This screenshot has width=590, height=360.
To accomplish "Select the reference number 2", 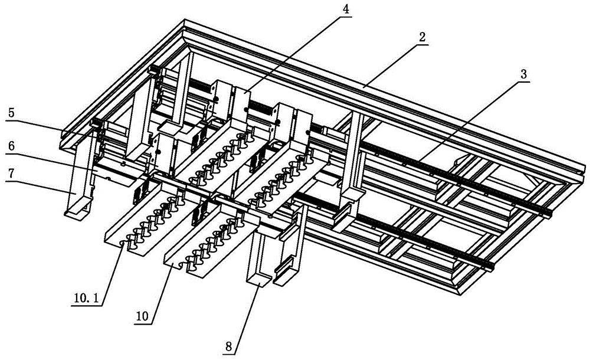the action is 422,37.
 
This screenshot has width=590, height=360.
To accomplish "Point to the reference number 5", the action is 12,113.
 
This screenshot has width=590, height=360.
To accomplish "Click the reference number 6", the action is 12,146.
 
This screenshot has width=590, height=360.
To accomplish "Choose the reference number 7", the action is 12,174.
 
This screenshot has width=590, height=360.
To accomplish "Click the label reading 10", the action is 142,316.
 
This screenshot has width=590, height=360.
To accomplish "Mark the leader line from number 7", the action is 40,186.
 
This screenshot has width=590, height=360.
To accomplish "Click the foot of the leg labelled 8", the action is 259,280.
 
